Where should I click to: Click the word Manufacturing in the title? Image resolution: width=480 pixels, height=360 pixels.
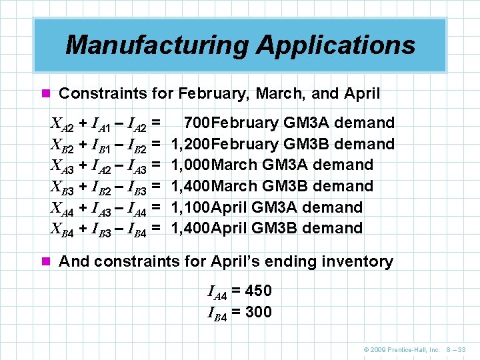tap(157, 45)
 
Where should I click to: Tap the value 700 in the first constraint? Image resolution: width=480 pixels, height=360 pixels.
tap(197, 123)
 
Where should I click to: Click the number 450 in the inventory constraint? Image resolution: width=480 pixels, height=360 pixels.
tap(259, 291)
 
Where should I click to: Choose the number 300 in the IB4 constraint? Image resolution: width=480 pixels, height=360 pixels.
tap(259, 312)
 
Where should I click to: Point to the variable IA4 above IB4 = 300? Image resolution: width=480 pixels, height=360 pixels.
tap(217, 291)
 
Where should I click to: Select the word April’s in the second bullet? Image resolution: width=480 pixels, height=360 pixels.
tap(238, 261)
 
